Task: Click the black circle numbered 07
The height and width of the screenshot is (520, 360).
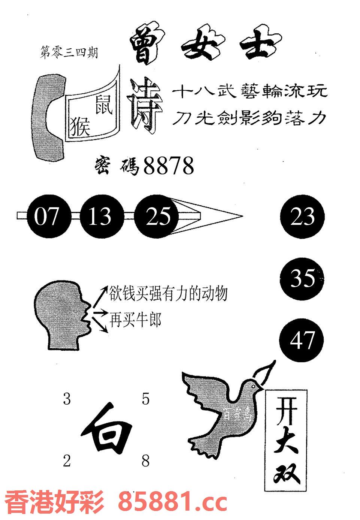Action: click(46, 217)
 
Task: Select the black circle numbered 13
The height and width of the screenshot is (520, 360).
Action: click(100, 217)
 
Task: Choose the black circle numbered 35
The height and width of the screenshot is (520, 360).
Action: click(302, 278)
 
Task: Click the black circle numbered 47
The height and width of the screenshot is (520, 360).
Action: click(302, 340)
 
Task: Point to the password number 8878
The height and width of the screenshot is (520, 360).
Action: click(169, 166)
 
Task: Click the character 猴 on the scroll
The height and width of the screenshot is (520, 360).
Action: click(80, 125)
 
